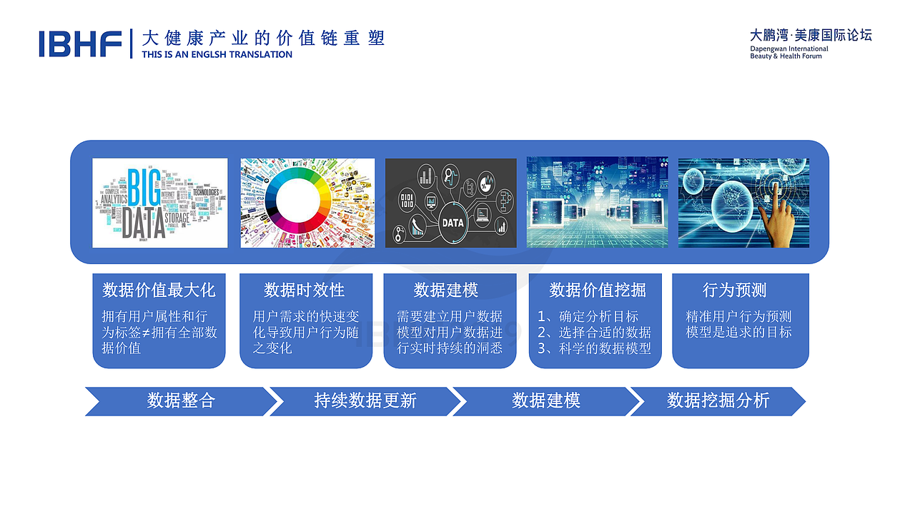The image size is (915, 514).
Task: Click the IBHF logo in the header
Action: click(80, 43)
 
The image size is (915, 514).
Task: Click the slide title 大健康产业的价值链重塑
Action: click(263, 38)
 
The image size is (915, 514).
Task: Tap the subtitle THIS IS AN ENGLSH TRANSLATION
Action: click(217, 55)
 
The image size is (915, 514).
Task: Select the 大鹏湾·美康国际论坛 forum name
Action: click(811, 35)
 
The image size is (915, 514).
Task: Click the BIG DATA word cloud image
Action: click(159, 203)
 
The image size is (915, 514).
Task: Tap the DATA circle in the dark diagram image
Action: click(452, 222)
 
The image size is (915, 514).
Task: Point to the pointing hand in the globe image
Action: click(777, 214)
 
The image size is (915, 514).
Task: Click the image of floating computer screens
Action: click(597, 203)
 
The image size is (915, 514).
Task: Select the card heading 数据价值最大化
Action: click(159, 291)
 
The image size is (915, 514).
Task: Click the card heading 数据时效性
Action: click(305, 291)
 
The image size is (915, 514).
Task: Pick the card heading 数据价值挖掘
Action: click(597, 291)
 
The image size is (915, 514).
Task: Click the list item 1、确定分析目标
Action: click(588, 316)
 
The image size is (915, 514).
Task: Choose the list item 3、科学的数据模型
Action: click(595, 348)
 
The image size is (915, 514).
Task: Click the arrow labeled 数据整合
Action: click(180, 401)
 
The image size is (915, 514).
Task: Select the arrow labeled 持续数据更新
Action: click(365, 401)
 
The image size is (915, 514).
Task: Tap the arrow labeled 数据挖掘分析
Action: click(717, 401)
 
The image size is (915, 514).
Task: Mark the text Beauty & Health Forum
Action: click(786, 56)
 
